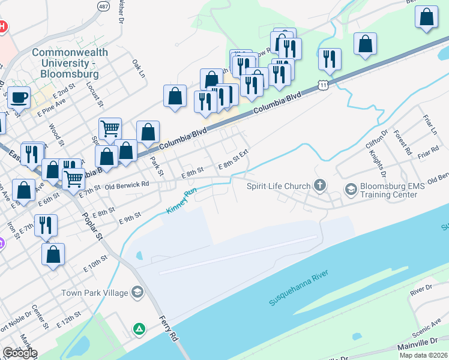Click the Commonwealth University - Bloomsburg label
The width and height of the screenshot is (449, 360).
pyautogui.click(x=70, y=63)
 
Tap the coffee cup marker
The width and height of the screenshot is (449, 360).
pyautogui.click(x=19, y=97)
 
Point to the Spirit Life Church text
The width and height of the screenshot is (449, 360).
pyautogui.click(x=279, y=186)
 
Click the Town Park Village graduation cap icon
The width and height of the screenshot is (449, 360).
pyautogui.click(x=137, y=293)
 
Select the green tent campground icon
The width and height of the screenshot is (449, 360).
pyautogui.click(x=139, y=329)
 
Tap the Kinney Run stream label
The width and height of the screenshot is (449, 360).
pyautogui.click(x=181, y=202)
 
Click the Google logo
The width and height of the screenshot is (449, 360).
pyautogui.click(x=20, y=353)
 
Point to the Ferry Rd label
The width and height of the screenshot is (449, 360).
pyautogui.click(x=169, y=329)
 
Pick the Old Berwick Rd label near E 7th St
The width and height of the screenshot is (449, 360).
pyautogui.click(x=127, y=185)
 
